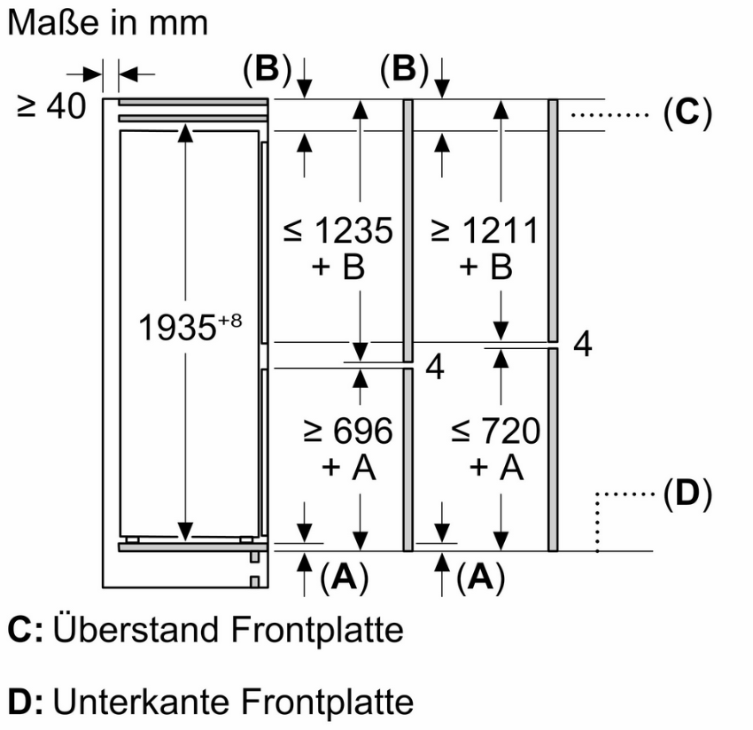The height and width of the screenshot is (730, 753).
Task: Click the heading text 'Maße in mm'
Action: (x=107, y=22)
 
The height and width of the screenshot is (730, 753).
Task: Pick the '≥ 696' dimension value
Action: (x=347, y=431)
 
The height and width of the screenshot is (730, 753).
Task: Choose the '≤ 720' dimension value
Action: (x=494, y=431)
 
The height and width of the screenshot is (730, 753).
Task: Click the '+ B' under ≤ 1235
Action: (x=338, y=267)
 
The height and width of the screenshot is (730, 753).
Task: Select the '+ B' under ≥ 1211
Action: (x=485, y=267)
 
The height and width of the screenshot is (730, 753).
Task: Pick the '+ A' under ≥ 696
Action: (x=348, y=466)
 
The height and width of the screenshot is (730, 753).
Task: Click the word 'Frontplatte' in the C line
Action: (x=317, y=630)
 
